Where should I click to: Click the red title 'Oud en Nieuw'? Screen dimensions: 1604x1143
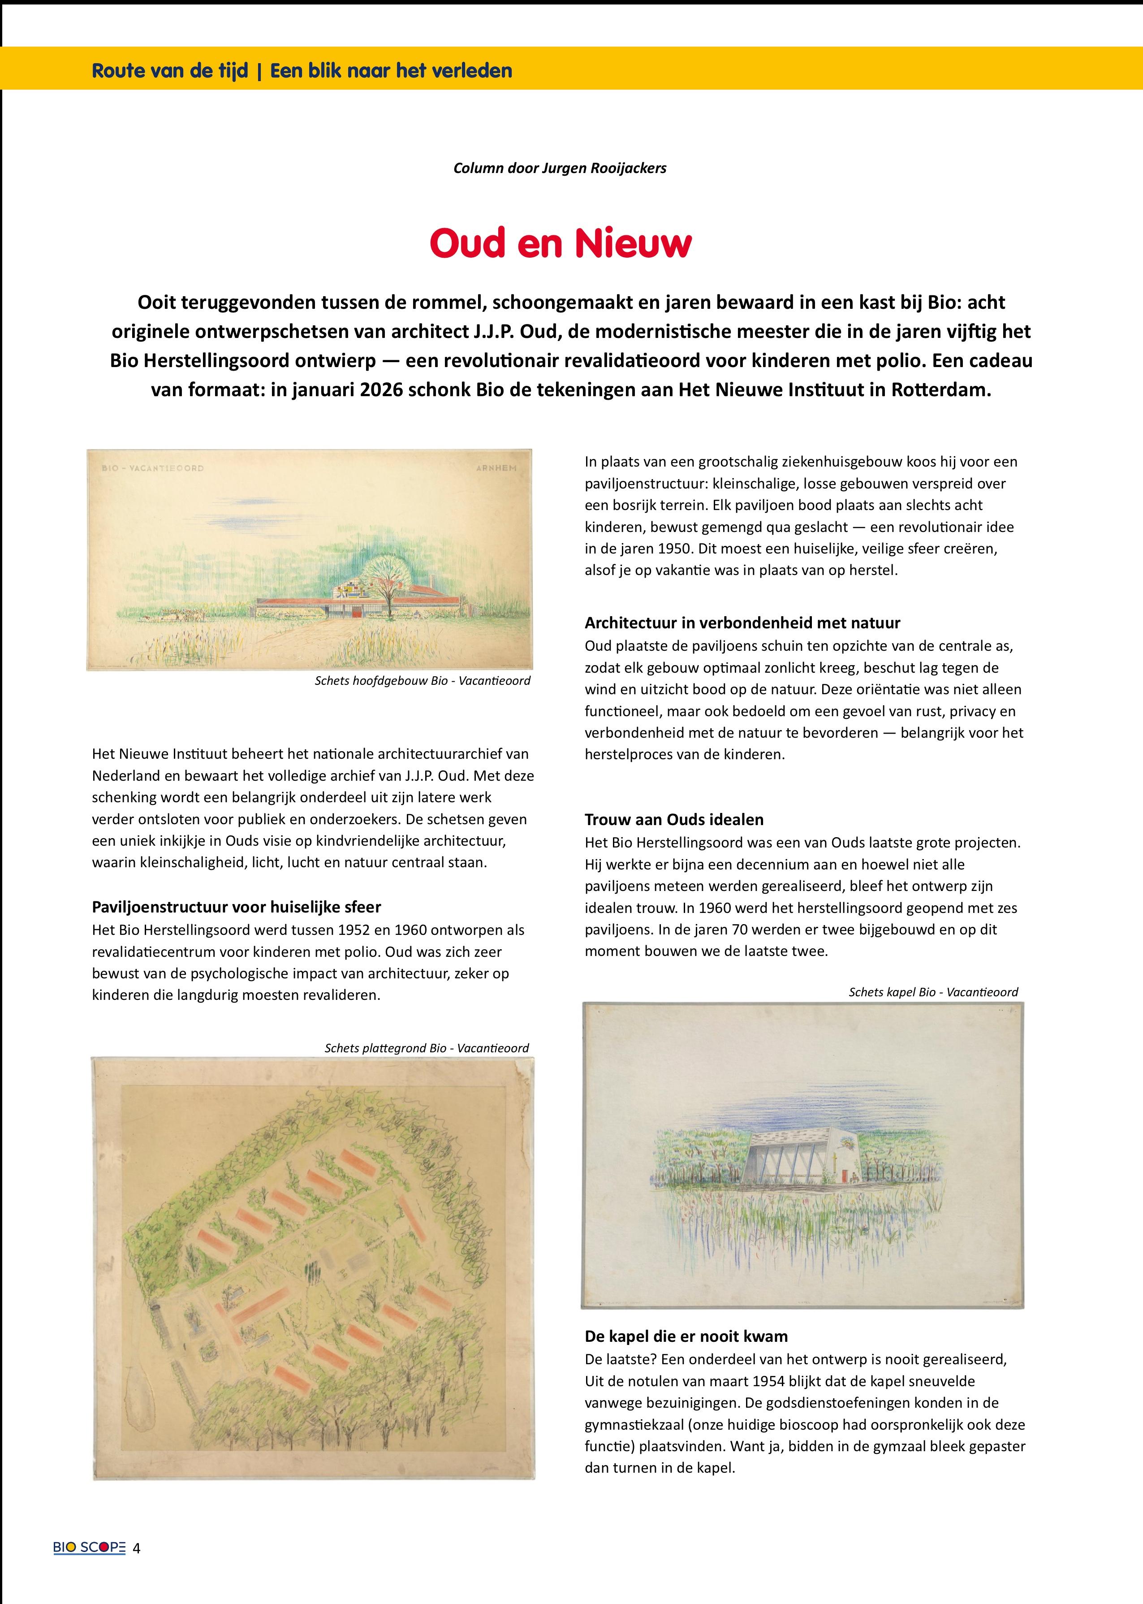pos(560,243)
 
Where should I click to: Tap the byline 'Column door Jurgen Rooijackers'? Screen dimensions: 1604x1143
pos(560,168)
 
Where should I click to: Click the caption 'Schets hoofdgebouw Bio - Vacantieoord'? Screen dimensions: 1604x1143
pos(422,681)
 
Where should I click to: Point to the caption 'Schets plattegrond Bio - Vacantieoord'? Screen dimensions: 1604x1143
pos(427,1048)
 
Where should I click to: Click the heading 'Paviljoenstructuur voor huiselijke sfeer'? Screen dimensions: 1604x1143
pos(237,907)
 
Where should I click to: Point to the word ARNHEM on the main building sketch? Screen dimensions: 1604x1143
pos(496,468)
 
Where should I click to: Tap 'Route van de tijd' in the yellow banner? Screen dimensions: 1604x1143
pos(170,71)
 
